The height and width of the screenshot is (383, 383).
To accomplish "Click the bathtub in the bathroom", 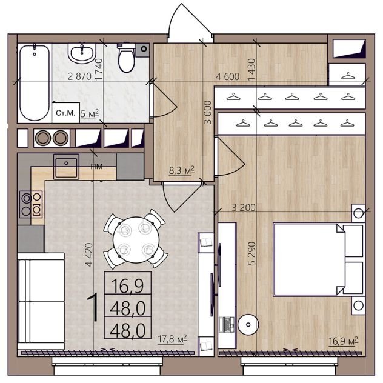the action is [x=35, y=82].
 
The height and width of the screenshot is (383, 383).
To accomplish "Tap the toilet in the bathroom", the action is [x=127, y=58].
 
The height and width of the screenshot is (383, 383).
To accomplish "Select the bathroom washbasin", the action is [x=82, y=52].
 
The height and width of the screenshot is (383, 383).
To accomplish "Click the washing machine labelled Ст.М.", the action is [x=65, y=113].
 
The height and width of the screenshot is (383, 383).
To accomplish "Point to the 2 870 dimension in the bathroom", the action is [x=79, y=76].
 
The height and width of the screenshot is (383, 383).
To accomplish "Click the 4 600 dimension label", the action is [x=227, y=77].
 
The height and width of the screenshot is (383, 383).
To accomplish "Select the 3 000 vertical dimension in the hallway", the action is [x=208, y=112].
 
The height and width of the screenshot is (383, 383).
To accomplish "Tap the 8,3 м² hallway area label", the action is [x=182, y=170].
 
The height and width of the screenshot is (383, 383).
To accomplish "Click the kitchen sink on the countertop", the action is [x=66, y=167].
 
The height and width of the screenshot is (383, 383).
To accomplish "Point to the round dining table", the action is [x=136, y=239].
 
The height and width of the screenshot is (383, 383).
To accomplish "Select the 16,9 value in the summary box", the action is [x=128, y=285].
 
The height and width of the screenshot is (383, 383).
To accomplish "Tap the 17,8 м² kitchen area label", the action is [x=173, y=339].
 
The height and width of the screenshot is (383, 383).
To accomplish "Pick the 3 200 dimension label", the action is [x=244, y=208].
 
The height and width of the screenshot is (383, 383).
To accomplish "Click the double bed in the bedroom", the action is [x=318, y=259].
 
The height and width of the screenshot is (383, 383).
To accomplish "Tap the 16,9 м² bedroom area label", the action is [x=343, y=341].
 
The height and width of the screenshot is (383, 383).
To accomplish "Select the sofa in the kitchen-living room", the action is [x=41, y=301].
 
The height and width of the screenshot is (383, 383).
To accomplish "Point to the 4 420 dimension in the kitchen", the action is [x=89, y=255].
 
